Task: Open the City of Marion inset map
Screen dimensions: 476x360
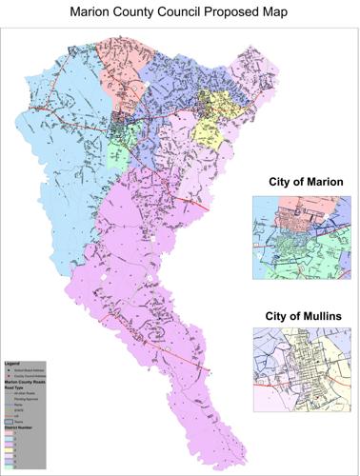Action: tap(298, 239)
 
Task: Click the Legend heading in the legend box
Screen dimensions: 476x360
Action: tap(12, 364)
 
